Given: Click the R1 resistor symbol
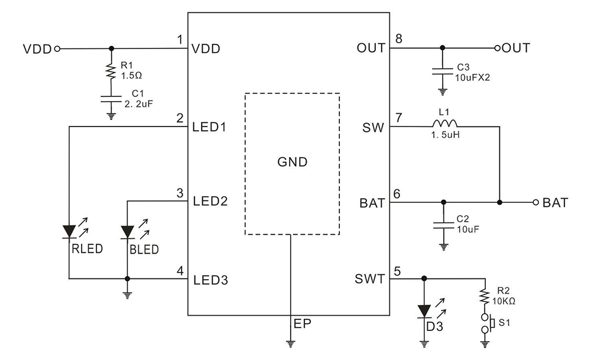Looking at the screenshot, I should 110,72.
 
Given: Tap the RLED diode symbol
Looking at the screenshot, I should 69,231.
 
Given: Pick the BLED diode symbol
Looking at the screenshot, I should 126,231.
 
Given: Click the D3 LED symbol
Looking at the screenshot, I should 424,310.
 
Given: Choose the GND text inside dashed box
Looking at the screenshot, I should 294,162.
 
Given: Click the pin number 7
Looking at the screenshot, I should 399,118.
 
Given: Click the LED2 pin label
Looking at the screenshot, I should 210,202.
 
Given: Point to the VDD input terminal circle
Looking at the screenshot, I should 57,48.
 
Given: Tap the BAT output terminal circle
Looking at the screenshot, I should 535,203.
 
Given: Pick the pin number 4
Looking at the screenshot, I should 179,271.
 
